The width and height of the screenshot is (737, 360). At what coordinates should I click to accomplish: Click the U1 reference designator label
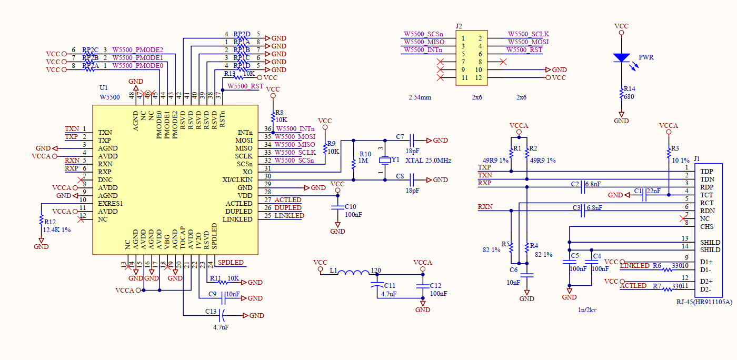(x=104, y=88)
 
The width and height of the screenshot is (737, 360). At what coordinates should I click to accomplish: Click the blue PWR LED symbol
(x=622, y=57)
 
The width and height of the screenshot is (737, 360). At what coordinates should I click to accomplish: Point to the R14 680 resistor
(x=622, y=94)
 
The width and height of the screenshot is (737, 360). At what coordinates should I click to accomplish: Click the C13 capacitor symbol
(x=223, y=315)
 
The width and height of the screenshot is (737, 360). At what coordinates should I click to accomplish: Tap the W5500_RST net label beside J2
(x=524, y=50)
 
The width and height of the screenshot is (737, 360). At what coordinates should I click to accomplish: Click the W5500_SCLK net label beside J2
(x=528, y=34)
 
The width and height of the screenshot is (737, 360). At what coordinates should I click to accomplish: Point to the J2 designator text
(x=459, y=26)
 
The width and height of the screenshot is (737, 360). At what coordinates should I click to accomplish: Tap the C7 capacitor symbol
(x=412, y=141)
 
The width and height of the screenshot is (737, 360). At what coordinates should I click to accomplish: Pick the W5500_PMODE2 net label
(x=137, y=50)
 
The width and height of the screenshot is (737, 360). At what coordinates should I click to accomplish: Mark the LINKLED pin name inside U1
(x=237, y=219)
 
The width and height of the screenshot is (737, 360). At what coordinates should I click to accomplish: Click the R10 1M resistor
(x=353, y=160)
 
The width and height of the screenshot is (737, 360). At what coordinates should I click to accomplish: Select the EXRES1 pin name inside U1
(x=111, y=203)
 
